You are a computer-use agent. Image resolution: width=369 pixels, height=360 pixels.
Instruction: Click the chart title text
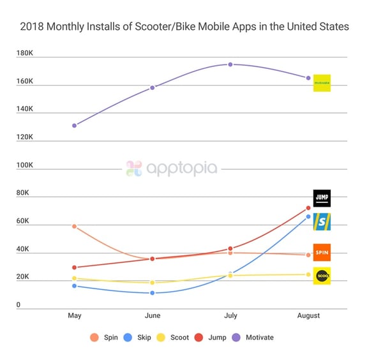[184, 27]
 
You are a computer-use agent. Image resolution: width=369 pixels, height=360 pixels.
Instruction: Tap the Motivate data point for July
[230, 64]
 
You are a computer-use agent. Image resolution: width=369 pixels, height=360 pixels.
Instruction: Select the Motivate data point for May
[75, 125]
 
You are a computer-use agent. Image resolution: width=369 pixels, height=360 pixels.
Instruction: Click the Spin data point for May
[75, 227]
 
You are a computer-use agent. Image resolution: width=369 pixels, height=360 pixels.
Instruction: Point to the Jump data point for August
[308, 208]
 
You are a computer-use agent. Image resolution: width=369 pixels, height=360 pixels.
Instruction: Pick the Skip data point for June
[152, 293]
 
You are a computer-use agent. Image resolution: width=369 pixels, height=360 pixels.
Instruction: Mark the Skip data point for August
[308, 217]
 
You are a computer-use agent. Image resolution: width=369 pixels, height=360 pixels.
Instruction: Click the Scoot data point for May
[75, 278]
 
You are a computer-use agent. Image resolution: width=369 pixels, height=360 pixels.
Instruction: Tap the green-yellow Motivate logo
[322, 83]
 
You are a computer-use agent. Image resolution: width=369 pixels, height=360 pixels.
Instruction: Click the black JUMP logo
[322, 199]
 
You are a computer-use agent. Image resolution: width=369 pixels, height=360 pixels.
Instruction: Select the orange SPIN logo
[322, 252]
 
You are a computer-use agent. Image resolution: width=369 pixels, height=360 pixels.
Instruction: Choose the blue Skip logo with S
[322, 221]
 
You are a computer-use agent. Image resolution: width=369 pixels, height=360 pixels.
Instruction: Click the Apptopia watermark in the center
[172, 169]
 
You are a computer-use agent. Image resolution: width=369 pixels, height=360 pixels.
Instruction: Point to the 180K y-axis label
[29, 53]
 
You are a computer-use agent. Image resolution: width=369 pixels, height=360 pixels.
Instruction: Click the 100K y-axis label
[29, 165]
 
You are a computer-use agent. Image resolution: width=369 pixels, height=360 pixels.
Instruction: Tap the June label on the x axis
[152, 316]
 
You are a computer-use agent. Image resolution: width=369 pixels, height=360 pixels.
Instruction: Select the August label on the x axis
[308, 316]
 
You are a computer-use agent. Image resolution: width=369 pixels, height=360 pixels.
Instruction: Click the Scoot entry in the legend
[175, 337]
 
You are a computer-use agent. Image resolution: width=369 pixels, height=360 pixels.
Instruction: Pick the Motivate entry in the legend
[253, 337]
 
